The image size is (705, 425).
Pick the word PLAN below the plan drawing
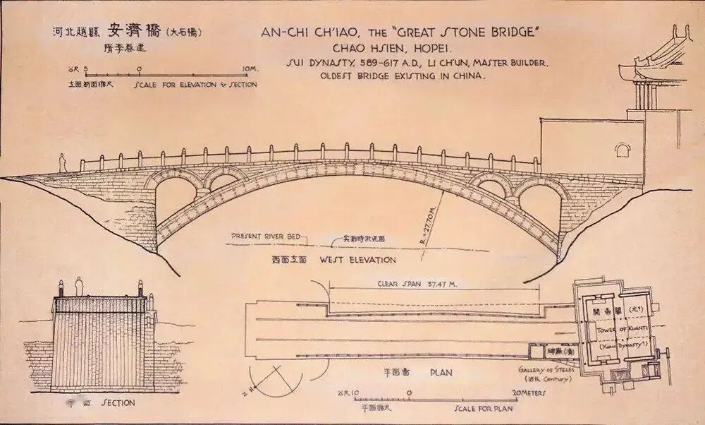point(441,371)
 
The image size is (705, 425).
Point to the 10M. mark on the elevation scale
point(249,68)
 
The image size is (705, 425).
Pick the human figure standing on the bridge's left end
point(61,164)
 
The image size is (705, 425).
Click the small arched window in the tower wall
point(621,150)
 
